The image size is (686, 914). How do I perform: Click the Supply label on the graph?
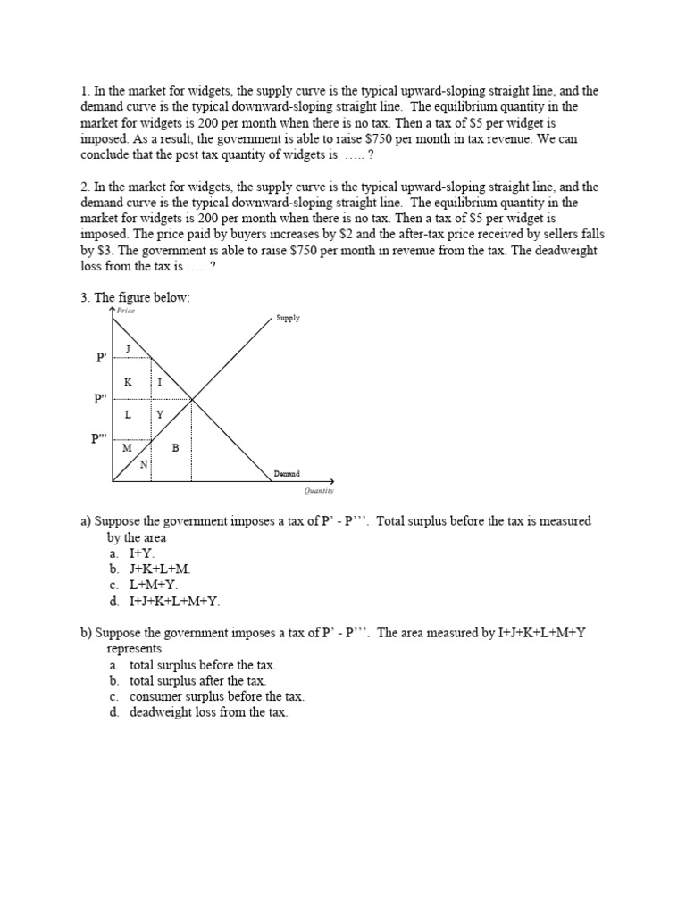(289, 318)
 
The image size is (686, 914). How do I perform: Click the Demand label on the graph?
(287, 473)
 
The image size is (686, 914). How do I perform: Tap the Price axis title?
(125, 311)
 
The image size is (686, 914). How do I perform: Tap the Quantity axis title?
(318, 490)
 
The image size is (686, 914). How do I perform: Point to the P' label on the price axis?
(101, 358)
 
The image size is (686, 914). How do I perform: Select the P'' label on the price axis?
(101, 399)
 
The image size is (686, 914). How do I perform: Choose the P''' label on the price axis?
(100, 438)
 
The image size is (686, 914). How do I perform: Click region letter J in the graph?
(128, 348)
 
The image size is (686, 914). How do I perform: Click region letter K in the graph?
(128, 382)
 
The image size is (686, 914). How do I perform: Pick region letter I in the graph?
(160, 382)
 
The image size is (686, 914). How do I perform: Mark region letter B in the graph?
(175, 447)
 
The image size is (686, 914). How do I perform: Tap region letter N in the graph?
(143, 464)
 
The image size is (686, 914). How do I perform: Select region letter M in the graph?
(127, 447)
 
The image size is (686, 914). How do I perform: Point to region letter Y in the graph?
(160, 415)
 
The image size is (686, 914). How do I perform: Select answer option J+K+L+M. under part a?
(160, 569)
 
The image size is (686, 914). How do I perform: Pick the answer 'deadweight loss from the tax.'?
(208, 712)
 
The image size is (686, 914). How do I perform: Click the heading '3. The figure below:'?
(135, 297)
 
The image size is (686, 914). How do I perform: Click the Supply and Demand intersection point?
(192, 399)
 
